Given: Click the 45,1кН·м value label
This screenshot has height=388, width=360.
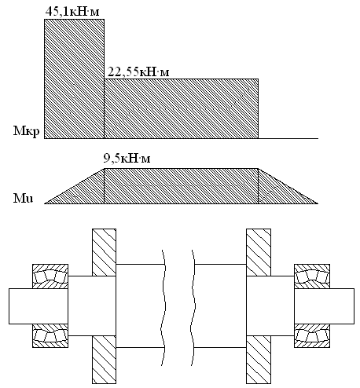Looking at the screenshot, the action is click(x=72, y=12).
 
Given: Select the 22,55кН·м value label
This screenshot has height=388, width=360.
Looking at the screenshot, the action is click(x=138, y=71).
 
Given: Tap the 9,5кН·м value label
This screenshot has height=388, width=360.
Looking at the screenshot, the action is click(x=127, y=159).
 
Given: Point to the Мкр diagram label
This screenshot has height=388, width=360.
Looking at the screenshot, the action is click(x=27, y=131).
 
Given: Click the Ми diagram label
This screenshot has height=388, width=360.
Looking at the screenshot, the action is click(x=24, y=199).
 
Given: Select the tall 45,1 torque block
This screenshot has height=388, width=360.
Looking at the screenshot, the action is click(x=74, y=79).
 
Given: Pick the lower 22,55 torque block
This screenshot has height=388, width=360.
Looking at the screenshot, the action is click(x=182, y=108).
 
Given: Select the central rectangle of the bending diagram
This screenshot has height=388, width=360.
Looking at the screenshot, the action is click(x=182, y=186).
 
